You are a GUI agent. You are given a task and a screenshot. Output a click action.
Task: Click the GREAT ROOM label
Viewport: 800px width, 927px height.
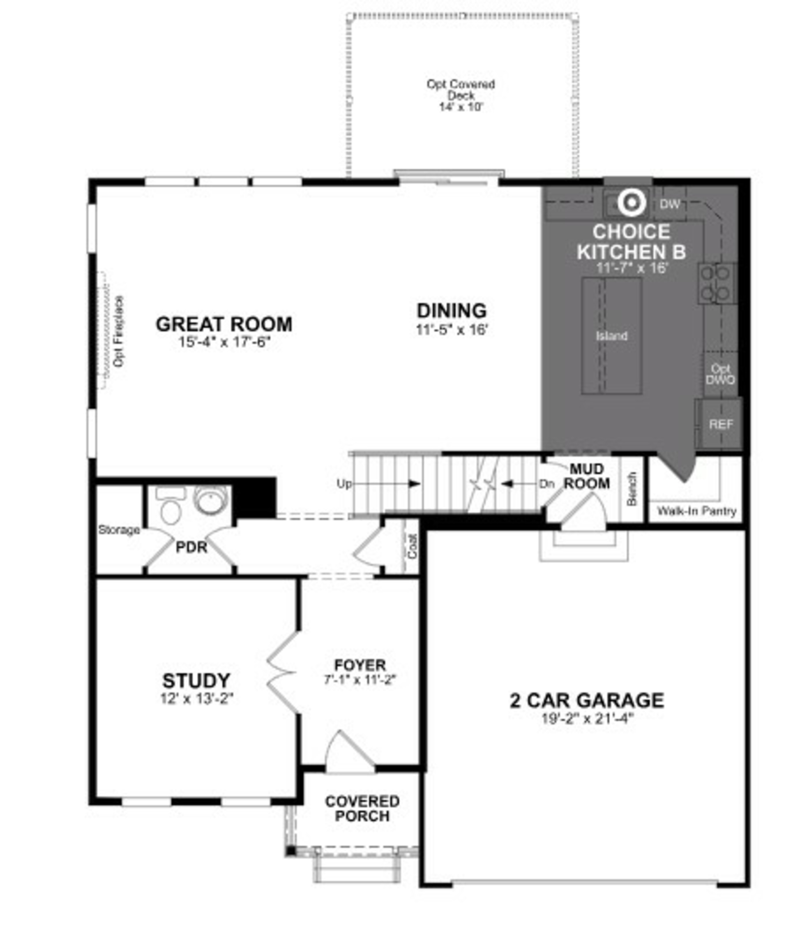[224, 324]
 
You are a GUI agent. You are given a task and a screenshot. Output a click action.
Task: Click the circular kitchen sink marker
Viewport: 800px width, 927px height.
[632, 203]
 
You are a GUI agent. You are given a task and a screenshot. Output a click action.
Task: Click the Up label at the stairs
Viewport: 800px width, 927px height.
[344, 484]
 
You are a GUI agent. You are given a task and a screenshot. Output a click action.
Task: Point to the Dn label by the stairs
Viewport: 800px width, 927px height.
[546, 484]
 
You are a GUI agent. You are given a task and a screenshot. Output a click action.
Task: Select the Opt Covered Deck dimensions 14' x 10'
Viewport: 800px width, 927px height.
[461, 107]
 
